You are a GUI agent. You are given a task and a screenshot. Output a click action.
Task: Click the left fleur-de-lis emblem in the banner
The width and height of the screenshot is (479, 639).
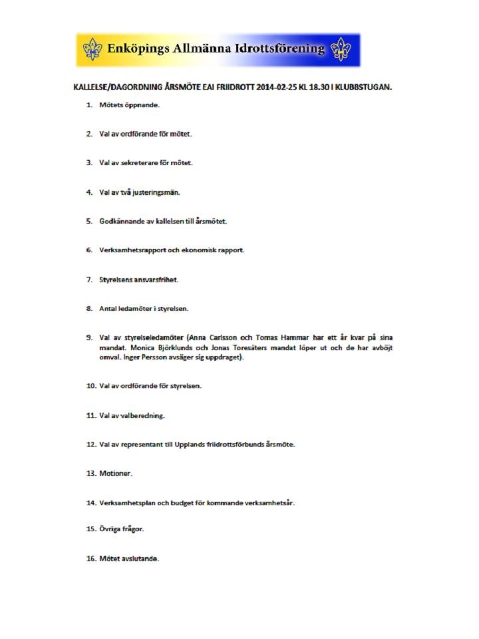click(x=92, y=49)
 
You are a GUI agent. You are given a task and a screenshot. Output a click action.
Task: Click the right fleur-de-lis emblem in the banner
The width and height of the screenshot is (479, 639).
click(x=341, y=49)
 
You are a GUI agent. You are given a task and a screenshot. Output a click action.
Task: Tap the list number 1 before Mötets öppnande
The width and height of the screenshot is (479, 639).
click(x=88, y=105)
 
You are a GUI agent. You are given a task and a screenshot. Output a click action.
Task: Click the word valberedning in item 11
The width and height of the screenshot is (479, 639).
click(x=142, y=415)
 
